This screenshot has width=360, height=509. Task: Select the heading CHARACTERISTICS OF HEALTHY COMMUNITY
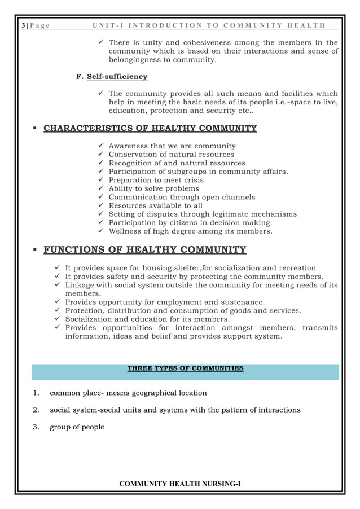(x=150, y=128)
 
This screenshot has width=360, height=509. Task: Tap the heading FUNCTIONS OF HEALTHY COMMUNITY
(x=144, y=250)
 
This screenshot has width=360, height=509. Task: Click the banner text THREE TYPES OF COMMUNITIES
(x=185, y=368)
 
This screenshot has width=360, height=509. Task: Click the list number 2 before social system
(x=35, y=410)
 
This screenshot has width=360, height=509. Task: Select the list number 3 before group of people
(x=35, y=427)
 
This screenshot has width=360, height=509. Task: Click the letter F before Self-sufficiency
(x=78, y=77)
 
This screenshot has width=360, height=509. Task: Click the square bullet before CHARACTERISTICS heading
(x=34, y=129)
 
